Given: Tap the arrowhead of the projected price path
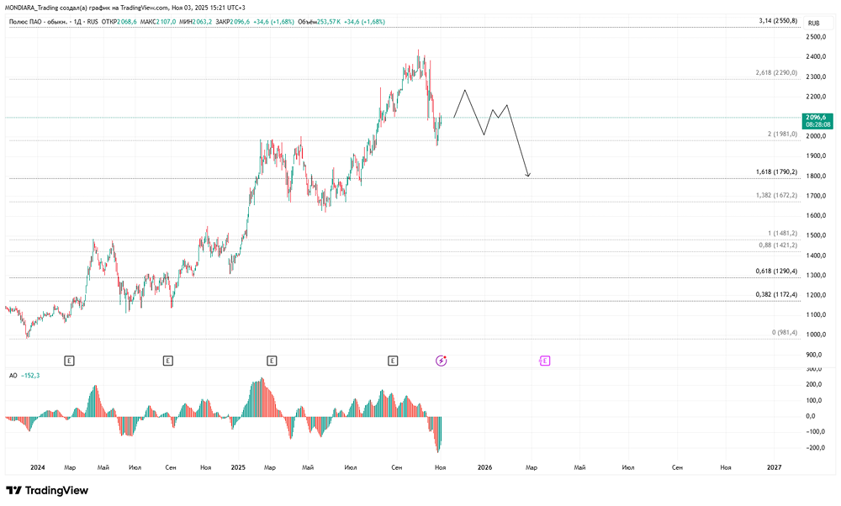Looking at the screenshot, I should coord(527,176).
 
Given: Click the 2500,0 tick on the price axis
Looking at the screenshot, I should coord(816,37).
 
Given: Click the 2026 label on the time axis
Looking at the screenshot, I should coord(484,466).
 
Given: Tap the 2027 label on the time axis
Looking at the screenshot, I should coord(775,466).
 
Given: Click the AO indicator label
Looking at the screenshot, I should coord(13,375).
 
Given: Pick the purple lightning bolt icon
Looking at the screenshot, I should coord(442,361).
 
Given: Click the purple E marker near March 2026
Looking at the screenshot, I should coord(545,361).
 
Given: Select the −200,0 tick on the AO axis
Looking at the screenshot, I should coord(814,447).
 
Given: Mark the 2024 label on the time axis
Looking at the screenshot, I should coord(37,466).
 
